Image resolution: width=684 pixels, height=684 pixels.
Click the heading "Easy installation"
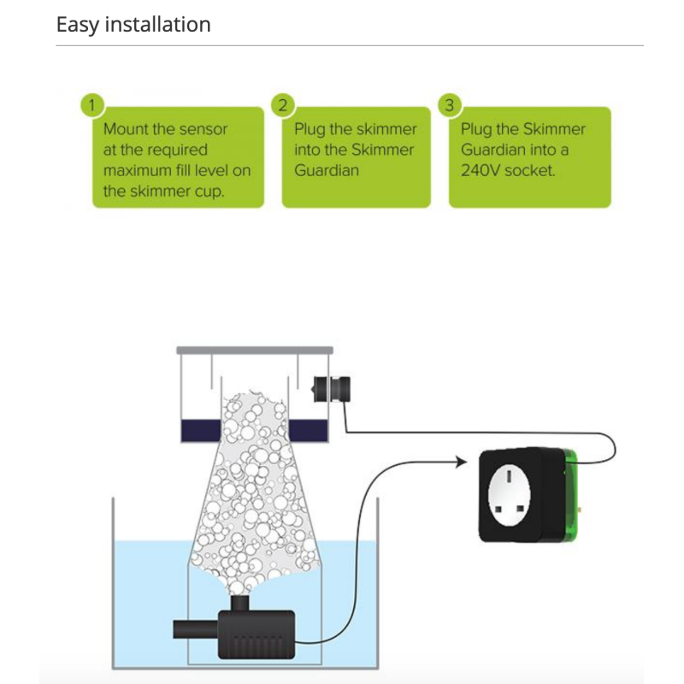point(133,24)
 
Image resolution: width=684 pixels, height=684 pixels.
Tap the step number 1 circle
point(92,105)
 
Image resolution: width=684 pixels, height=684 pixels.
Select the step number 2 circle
point(283,105)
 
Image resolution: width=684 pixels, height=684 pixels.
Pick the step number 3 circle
point(450,105)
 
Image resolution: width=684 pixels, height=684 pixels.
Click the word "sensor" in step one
point(203,129)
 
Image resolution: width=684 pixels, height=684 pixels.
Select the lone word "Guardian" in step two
point(327,170)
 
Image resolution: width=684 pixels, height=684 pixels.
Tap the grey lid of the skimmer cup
point(254,350)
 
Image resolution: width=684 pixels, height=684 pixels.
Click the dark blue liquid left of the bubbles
point(200,431)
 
